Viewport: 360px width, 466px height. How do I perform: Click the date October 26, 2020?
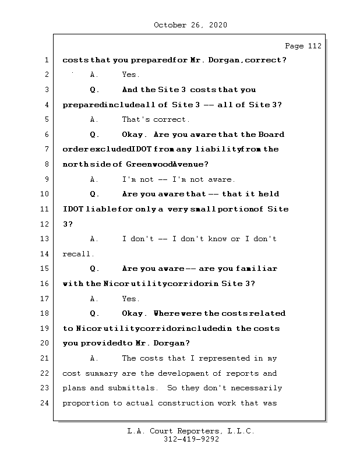190,25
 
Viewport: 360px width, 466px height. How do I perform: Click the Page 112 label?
303,47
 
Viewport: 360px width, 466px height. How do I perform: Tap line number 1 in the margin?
46,60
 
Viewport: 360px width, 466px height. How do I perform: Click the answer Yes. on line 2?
130,75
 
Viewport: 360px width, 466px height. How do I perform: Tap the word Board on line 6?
271,135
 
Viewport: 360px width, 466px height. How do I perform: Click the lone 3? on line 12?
67,224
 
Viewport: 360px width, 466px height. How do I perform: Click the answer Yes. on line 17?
130,299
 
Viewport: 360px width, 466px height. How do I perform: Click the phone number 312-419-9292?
191,440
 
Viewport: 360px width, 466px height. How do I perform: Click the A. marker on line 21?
94,359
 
